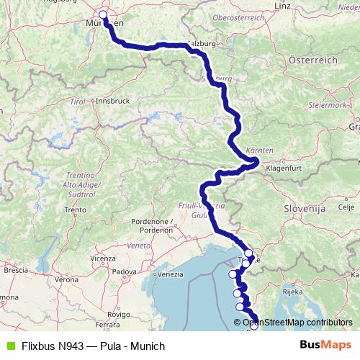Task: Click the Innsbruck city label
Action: pyautogui.click(x=112, y=101)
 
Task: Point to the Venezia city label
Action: pyautogui.click(x=170, y=274)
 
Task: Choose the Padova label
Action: pyautogui.click(x=125, y=271)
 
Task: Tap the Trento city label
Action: pyautogui.click(x=74, y=210)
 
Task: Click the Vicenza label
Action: pyautogui.click(x=103, y=257)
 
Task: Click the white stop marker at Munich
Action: pyautogui.click(x=103, y=14)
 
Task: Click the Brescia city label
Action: pyautogui.click(x=15, y=271)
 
